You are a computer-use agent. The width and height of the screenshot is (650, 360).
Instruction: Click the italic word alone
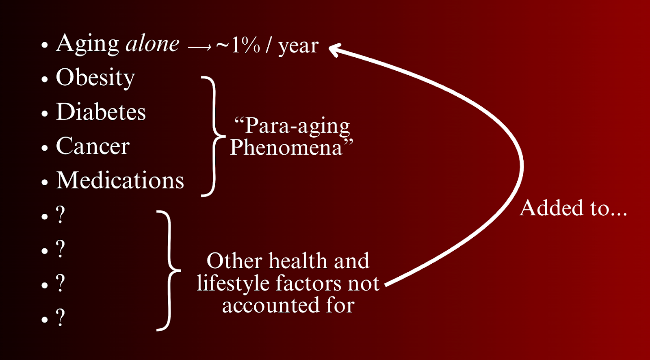[153, 43]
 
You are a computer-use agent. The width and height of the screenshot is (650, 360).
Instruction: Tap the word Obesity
[95, 78]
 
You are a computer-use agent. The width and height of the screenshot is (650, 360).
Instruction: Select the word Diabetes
[101, 111]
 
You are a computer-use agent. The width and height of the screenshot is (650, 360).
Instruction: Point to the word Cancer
[93, 146]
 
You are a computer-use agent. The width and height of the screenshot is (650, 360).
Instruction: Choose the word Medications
[120, 180]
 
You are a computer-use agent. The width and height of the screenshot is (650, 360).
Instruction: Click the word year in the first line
[298, 46]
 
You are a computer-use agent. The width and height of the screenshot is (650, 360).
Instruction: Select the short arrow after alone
[199, 47]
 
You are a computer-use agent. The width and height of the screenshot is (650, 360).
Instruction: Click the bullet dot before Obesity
[44, 79]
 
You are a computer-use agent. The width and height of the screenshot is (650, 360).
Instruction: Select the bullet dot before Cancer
[44, 148]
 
